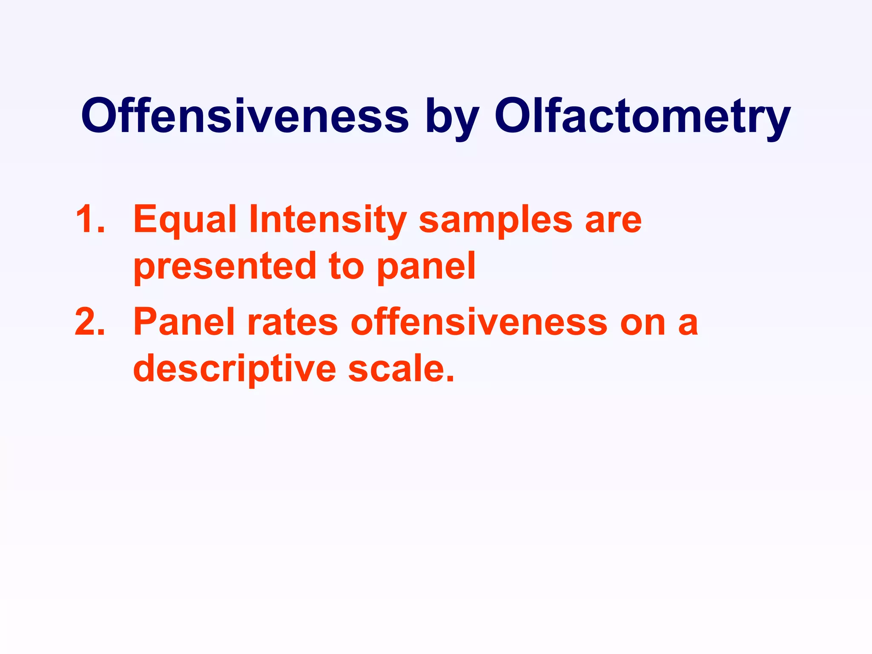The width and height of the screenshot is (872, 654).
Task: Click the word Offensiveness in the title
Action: pos(245,116)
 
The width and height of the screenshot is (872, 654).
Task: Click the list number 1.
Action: pos(89,220)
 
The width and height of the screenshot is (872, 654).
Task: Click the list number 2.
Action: pos(89,322)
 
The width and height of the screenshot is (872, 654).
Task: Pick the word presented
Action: pos(225,267)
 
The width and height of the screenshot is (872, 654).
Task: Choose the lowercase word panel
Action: pos(426,267)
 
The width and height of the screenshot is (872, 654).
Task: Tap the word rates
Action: pos(293,323)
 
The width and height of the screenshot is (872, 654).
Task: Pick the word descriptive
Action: pos(235,369)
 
